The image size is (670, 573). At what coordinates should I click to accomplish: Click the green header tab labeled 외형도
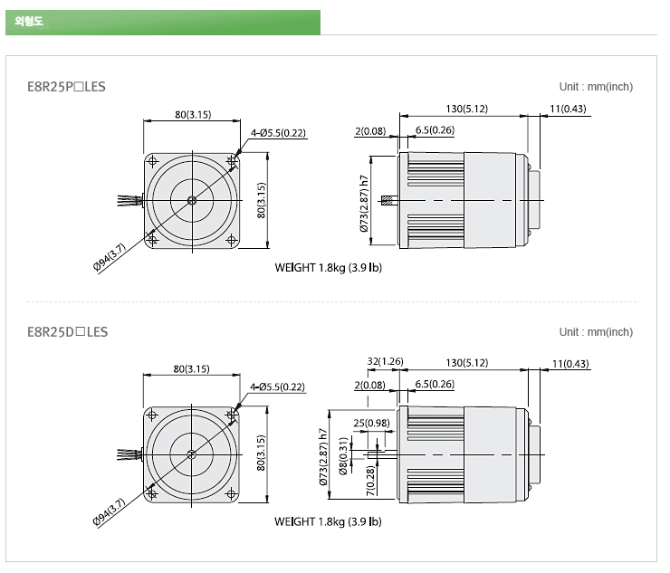pyautogui.click(x=163, y=23)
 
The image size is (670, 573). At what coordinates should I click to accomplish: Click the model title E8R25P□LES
pyautogui.click(x=66, y=87)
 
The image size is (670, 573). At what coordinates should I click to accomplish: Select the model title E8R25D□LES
pyautogui.click(x=68, y=332)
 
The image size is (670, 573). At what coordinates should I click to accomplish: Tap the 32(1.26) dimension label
pyautogui.click(x=385, y=361)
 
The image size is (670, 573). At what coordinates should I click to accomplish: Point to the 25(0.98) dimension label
pyautogui.click(x=371, y=423)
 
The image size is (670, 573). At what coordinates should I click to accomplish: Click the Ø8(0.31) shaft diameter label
pyautogui.click(x=343, y=456)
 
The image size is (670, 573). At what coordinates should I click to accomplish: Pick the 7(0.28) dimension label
pyautogui.click(x=370, y=481)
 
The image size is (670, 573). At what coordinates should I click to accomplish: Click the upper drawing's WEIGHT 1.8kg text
pyautogui.click(x=328, y=268)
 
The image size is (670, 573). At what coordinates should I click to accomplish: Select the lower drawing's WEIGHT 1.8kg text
pyautogui.click(x=328, y=521)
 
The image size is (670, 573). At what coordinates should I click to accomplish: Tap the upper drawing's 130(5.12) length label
pyautogui.click(x=466, y=109)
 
